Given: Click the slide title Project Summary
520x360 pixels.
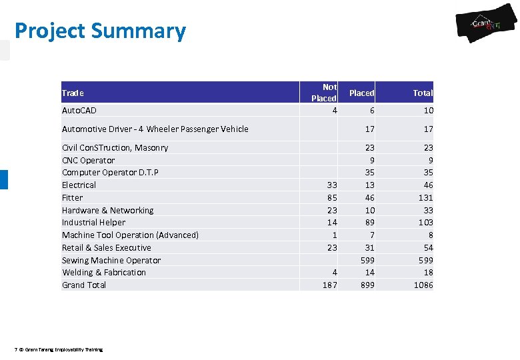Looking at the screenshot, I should point(100,31).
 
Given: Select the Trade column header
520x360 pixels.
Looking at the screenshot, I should point(73,93).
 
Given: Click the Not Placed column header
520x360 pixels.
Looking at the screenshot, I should point(324,93).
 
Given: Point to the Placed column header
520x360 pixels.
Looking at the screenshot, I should point(361,93).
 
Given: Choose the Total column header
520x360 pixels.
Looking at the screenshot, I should point(422,93).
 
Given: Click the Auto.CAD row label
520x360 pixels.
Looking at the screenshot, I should point(79,110).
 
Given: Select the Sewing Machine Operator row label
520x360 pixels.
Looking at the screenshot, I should point(111,260).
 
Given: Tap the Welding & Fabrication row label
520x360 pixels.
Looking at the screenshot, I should point(104,272).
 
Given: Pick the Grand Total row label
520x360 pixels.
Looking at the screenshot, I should point(84,285).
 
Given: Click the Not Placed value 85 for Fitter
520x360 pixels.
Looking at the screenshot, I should point(331,197).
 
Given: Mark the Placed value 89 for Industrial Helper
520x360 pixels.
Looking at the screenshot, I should point(368,222).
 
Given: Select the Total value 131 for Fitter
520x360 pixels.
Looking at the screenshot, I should point(425,197).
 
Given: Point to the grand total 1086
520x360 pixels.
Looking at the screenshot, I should point(423,285).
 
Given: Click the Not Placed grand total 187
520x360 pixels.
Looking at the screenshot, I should point(329,285).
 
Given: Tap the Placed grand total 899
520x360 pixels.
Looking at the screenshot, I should point(367,285).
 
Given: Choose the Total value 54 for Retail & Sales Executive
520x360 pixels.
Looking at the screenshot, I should point(427,247).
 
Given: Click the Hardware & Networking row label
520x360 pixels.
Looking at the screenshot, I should point(107,210).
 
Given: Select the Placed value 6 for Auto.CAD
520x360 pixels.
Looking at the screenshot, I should point(371,110).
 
